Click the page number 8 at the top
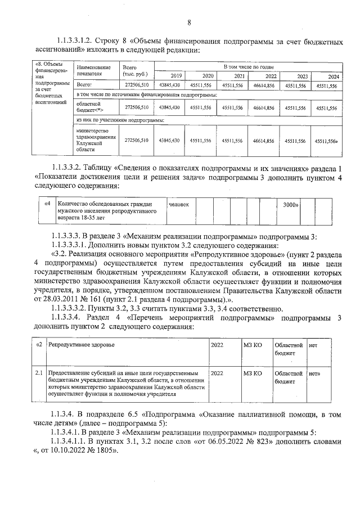[190, 22]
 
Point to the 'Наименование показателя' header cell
[94, 70]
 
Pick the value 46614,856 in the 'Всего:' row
[264, 85]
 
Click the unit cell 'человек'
[178, 204]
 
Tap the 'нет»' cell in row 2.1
[314, 373]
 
